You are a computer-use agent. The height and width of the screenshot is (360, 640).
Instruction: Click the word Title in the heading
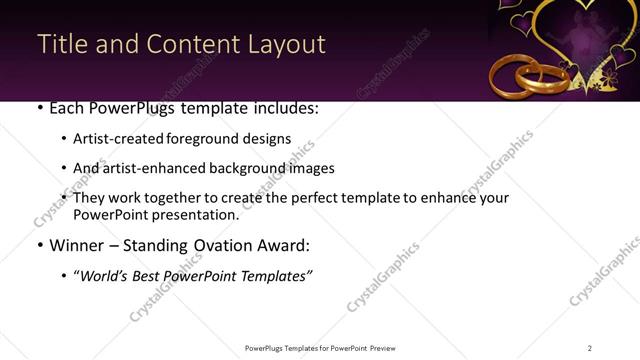click(x=59, y=45)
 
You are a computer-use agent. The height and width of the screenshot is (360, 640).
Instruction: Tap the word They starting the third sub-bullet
click(x=89, y=198)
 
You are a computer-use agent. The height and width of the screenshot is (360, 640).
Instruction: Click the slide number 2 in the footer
click(x=590, y=347)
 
